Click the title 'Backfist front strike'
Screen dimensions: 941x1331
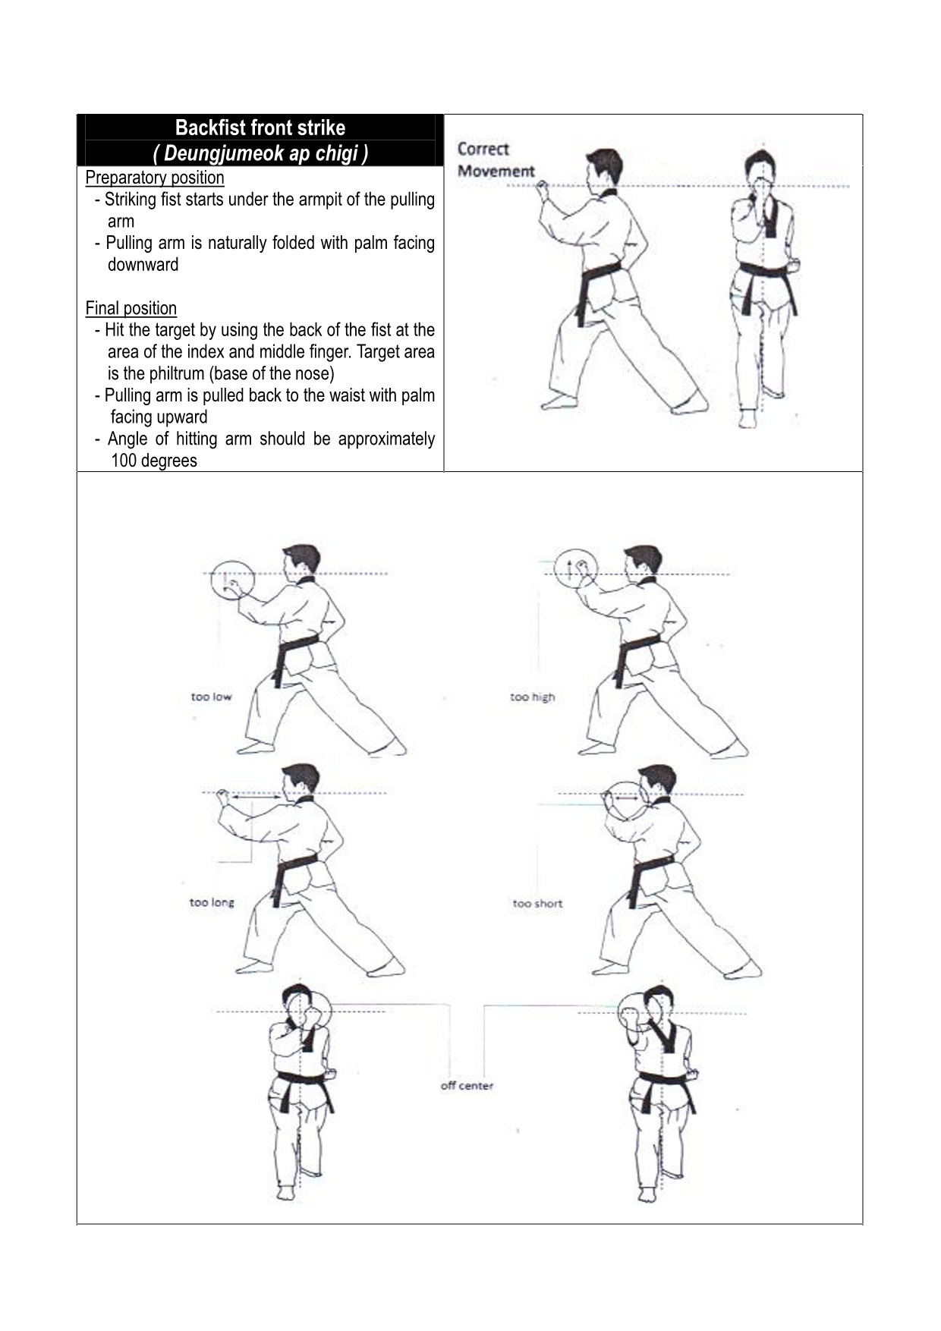[260, 127]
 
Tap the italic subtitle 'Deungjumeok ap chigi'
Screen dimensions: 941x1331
[260, 153]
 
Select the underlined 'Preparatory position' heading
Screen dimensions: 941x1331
[155, 178]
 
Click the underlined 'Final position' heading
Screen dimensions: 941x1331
[131, 308]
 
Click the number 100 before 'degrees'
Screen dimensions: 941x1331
[123, 461]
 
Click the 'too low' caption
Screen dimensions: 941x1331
[211, 697]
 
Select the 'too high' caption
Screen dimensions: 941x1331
[532, 697]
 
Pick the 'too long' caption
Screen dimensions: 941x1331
[212, 902]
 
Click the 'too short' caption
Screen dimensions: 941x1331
[537, 903]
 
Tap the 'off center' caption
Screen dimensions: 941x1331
[467, 1086]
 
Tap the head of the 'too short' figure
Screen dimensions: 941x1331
[657, 782]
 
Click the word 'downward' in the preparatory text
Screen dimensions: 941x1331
[143, 265]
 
